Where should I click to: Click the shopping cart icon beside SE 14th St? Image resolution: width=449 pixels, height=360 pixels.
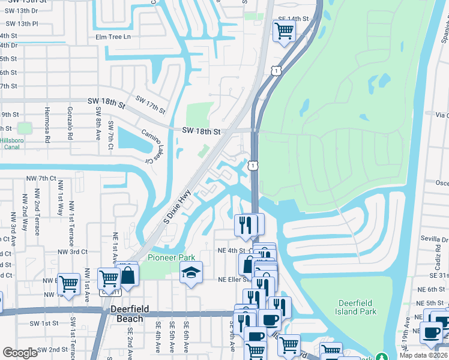coord(284,30)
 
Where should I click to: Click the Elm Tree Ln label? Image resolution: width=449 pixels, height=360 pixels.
coord(113,37)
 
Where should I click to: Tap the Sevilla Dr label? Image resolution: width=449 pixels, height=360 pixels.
coord(432,238)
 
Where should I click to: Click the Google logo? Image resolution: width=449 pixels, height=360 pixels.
coord(20,352)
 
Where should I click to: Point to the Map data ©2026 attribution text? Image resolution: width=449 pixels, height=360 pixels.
coord(423,355)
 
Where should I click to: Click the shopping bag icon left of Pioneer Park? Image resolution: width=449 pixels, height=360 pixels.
coord(127,275)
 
